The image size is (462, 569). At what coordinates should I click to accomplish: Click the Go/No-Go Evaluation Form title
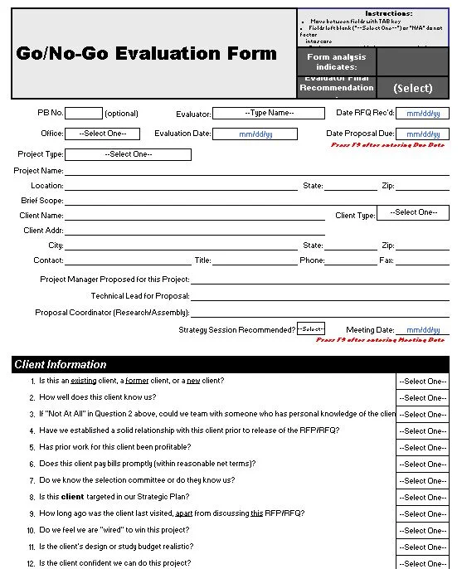click(146, 54)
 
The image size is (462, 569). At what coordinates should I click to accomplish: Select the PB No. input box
click(83, 114)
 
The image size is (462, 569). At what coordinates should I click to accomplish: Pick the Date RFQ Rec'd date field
click(422, 114)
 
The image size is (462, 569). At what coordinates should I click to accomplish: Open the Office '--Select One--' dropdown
click(102, 134)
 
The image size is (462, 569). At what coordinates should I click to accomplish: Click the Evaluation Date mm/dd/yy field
click(255, 134)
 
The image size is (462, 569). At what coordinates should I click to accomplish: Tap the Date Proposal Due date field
click(422, 134)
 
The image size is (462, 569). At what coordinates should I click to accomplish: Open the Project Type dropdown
click(128, 154)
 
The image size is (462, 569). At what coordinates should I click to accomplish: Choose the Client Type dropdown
click(412, 212)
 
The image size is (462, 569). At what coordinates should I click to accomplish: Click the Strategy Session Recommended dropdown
click(311, 329)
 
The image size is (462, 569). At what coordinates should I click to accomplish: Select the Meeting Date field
click(422, 329)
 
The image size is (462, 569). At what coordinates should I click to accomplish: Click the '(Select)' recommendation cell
click(412, 87)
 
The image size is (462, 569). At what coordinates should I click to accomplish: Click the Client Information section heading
click(61, 364)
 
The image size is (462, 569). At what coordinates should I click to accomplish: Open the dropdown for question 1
click(423, 382)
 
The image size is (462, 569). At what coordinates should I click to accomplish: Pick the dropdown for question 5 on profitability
click(423, 448)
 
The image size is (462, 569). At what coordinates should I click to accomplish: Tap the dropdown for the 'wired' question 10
click(423, 531)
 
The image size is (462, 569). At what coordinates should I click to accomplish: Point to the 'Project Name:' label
click(38, 171)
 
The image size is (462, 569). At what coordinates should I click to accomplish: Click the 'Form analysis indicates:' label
click(336, 61)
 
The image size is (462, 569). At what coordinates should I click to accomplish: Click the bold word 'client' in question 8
click(73, 497)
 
